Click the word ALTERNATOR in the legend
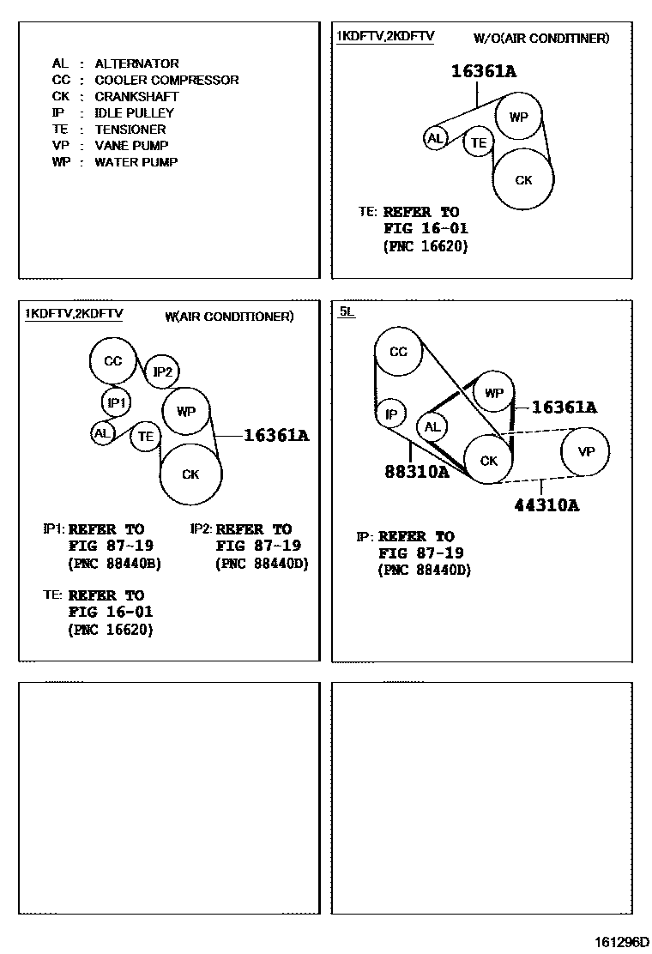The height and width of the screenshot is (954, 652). pyautogui.click(x=136, y=63)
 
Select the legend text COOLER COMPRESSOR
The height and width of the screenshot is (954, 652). pyautogui.click(x=166, y=80)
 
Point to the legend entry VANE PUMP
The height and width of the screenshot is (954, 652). pyautogui.click(x=131, y=145)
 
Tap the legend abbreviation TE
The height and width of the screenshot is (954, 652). pyautogui.click(x=59, y=129)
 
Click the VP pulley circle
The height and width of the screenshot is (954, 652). pyautogui.click(x=586, y=451)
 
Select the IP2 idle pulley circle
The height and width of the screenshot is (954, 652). pyautogui.click(x=162, y=371)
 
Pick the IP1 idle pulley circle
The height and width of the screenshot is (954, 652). pyautogui.click(x=116, y=402)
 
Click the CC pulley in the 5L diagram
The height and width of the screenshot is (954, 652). pyautogui.click(x=398, y=352)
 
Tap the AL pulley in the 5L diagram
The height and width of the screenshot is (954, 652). pyautogui.click(x=432, y=427)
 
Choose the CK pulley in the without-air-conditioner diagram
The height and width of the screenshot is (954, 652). pyautogui.click(x=523, y=180)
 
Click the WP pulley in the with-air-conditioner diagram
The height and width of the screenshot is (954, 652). pyautogui.click(x=186, y=411)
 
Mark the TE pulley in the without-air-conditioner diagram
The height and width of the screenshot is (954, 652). pyautogui.click(x=479, y=142)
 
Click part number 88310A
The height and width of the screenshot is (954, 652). pyautogui.click(x=417, y=471)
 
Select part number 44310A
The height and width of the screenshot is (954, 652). pyautogui.click(x=546, y=505)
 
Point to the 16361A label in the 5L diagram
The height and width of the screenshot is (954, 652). pyautogui.click(x=564, y=408)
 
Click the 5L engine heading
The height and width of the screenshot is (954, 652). pyautogui.click(x=345, y=312)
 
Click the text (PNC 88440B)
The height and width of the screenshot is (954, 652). pyautogui.click(x=114, y=564)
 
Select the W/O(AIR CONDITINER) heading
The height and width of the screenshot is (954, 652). pyautogui.click(x=541, y=39)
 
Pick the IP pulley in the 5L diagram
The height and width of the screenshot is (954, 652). pyautogui.click(x=391, y=414)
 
